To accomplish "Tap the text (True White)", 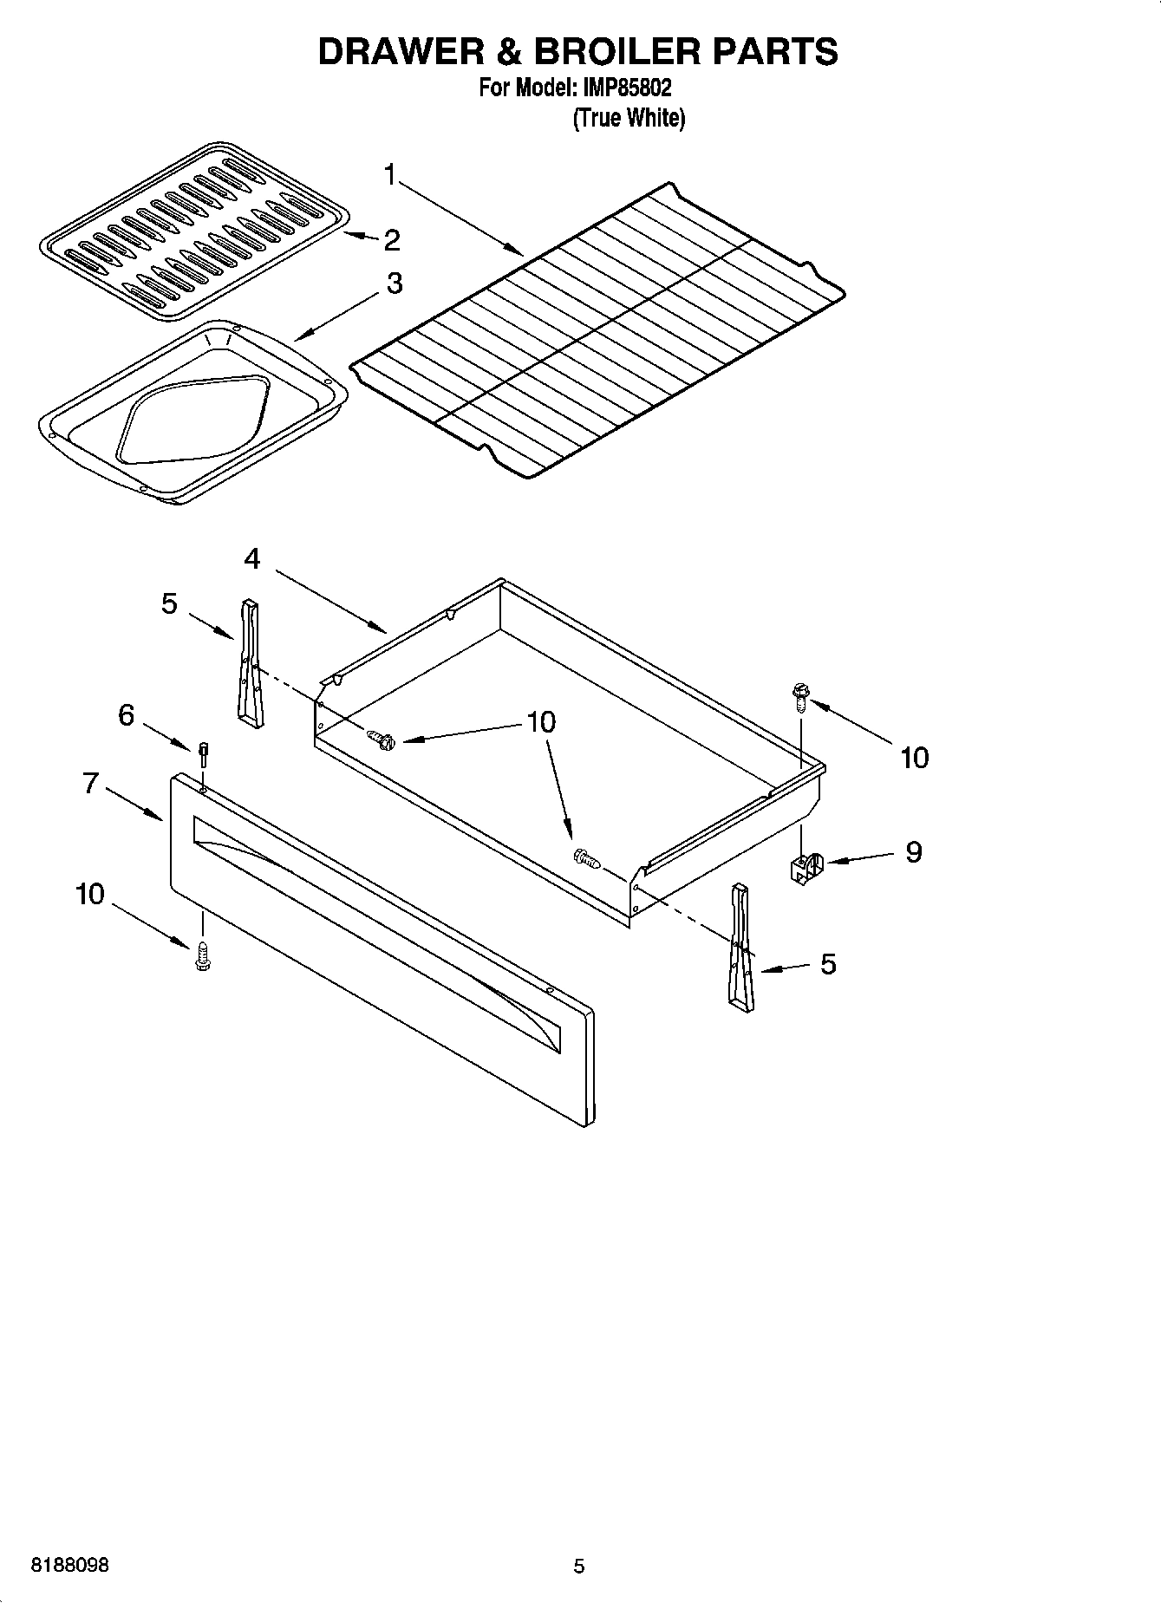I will click(x=629, y=118).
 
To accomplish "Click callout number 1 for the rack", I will click(x=390, y=176).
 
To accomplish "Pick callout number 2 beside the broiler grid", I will click(x=392, y=240).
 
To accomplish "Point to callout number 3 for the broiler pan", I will click(x=395, y=283).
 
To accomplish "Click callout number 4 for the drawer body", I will click(x=251, y=559).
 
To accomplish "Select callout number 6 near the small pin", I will click(x=127, y=715).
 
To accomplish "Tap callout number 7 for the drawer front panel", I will click(x=90, y=783).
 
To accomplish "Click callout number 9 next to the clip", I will click(x=913, y=851).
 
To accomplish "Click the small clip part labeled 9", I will click(x=806, y=867).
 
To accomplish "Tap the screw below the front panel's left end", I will click(x=204, y=955).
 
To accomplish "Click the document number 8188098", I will click(x=70, y=1566).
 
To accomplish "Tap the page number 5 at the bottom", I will click(x=579, y=1566).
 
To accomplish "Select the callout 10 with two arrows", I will click(x=541, y=721).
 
